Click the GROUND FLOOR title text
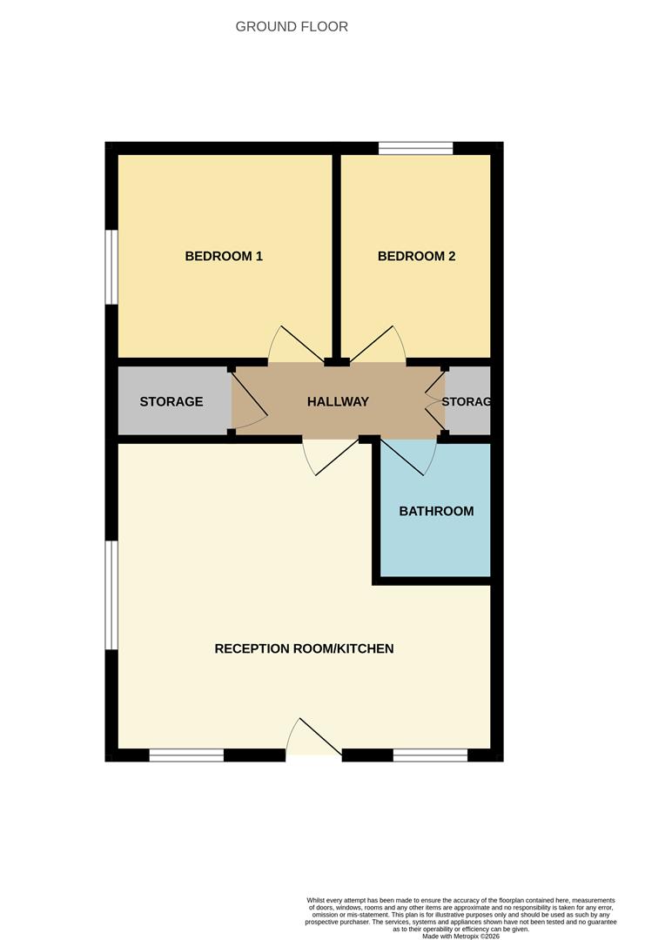point(292,27)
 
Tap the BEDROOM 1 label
point(224,256)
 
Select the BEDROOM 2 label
point(416,256)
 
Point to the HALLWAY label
point(338,401)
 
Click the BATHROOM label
point(436,511)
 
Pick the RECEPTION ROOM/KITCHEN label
point(304,648)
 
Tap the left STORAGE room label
point(171,401)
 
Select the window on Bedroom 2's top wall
point(416,148)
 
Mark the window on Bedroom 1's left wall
point(111,266)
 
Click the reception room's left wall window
point(111,594)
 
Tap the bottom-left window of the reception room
point(186,755)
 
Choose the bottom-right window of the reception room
point(430,755)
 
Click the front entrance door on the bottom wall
point(313,740)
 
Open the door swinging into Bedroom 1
point(292,348)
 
